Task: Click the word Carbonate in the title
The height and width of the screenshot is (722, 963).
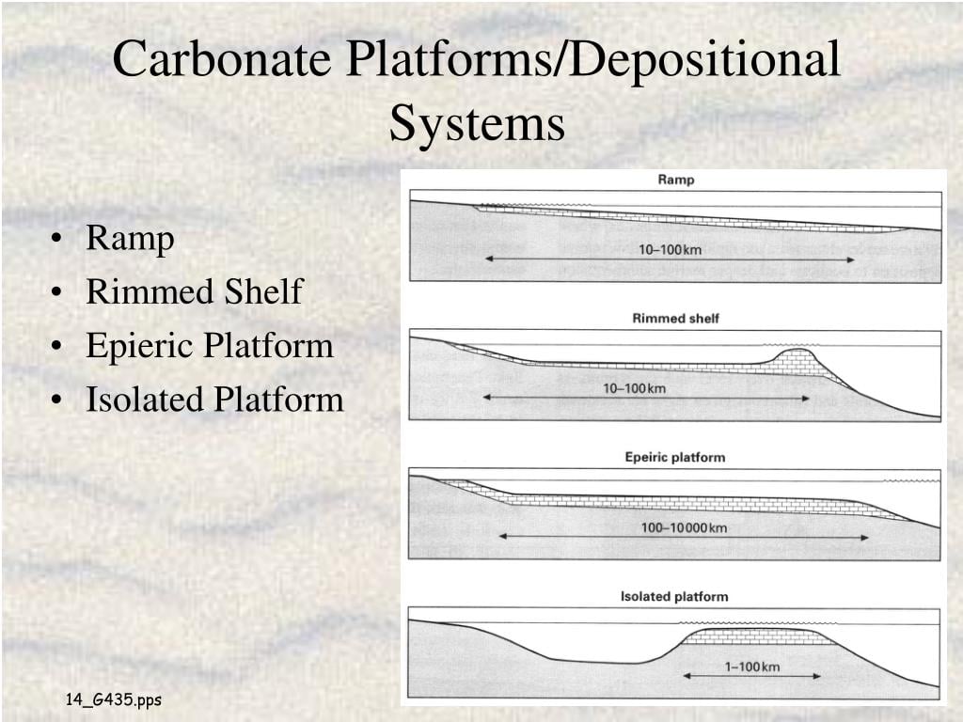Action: (x=223, y=59)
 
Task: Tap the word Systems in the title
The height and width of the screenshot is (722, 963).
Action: (x=477, y=123)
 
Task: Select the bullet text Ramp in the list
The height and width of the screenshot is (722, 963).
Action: (x=130, y=239)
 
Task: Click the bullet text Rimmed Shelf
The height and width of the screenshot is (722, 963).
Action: (x=194, y=291)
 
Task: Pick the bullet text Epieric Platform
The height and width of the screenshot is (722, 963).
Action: (x=210, y=346)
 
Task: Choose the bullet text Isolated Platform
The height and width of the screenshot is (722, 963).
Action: (x=214, y=400)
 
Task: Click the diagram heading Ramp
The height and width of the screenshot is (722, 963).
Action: (x=675, y=180)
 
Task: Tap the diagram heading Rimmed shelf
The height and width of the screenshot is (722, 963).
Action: (x=675, y=319)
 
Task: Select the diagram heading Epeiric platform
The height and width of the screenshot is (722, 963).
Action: (x=675, y=458)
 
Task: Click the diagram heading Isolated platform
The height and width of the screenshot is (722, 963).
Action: (x=674, y=597)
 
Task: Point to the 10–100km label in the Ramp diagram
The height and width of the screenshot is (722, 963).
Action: (x=670, y=249)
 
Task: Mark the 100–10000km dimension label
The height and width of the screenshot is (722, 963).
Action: (x=684, y=527)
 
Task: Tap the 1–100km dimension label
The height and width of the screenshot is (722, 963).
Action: (x=751, y=667)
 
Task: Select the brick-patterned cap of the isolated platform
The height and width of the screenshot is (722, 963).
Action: (x=758, y=636)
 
